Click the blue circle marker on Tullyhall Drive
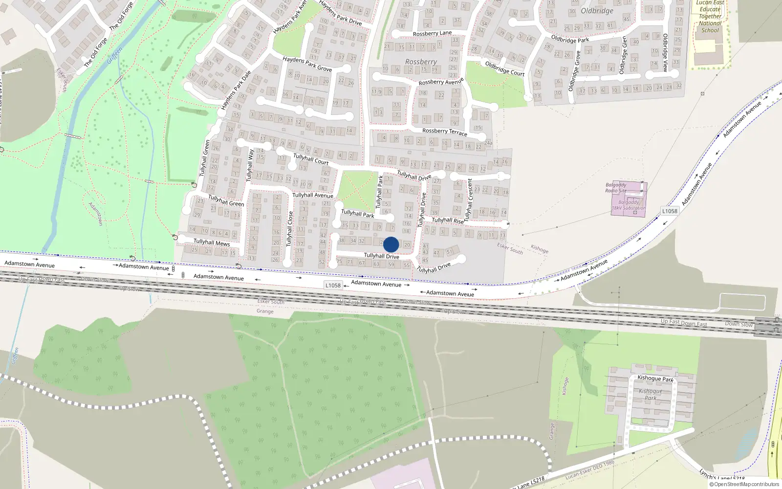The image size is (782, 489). pos(391,244)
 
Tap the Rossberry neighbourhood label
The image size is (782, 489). pos(421,62)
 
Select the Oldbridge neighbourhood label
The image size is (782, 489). pos(597,11)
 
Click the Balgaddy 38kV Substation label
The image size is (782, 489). pos(629,205)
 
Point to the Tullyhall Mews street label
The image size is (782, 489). pos(212,242)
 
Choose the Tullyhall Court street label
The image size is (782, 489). pos(311,159)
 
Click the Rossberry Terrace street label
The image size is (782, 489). pos(445,132)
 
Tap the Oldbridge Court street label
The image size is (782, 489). pos(504,68)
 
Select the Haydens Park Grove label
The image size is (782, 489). pos(307,64)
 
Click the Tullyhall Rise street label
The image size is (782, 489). pos(448,221)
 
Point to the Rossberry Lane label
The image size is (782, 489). pos(432,33)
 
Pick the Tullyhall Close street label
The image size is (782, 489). pos(290,229)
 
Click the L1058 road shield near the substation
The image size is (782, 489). pos(670,211)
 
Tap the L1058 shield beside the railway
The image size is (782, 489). pos(333,286)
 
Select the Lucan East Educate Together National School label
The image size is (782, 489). pos(710,17)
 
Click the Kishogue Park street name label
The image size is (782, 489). pos(655,378)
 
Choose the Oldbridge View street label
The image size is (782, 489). pos(665,53)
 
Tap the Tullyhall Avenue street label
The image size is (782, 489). pos(313,195)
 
